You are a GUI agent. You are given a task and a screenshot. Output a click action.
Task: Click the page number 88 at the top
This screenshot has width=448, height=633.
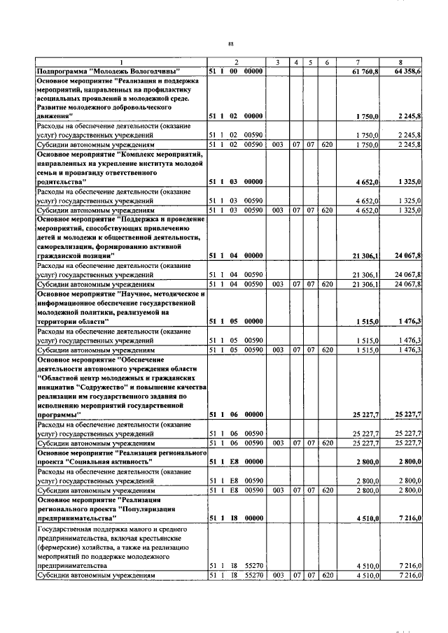click(230, 44)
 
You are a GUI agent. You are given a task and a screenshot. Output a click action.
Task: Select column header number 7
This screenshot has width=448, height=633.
click(358, 63)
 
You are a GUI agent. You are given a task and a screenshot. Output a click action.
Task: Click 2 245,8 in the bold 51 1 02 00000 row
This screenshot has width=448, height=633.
click(408, 115)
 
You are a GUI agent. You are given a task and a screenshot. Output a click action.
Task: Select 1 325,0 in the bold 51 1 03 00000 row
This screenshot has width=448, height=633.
click(409, 181)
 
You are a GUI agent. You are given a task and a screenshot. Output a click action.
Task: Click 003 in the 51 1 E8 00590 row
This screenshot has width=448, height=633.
click(278, 490)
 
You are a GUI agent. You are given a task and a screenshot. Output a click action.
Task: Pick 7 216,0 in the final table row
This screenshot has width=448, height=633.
click(409, 575)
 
